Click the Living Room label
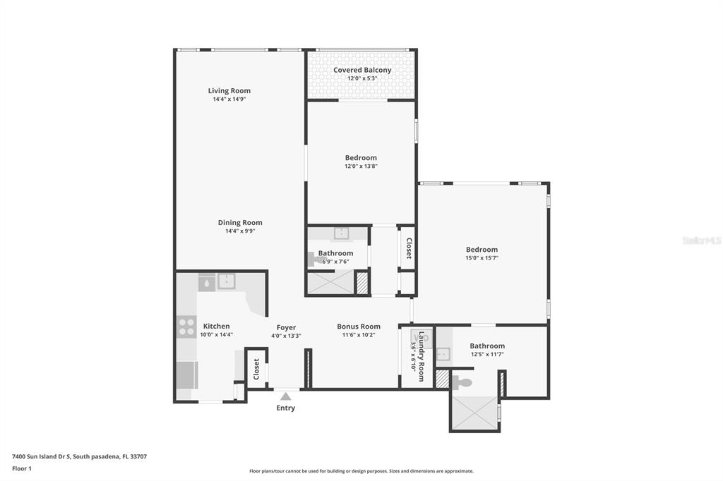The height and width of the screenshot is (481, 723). coord(229,91)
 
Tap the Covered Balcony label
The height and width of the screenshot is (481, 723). coord(362,70)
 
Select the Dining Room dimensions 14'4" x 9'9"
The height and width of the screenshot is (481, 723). coord(240,231)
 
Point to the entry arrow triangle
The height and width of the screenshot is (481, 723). coord(286,396)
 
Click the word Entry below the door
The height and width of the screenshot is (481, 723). coord(286,408)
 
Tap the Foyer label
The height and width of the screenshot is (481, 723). coord(287,327)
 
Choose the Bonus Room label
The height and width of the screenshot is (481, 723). coord(359,327)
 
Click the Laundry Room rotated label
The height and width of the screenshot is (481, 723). coord(421,356)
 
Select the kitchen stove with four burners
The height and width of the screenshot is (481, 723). coord(186,327)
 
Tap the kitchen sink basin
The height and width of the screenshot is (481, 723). coord(227,281)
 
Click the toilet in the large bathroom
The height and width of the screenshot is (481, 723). coord(462,382)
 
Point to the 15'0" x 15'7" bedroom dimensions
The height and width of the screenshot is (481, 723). coord(482,258)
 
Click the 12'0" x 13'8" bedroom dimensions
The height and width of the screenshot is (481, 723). coord(361,166)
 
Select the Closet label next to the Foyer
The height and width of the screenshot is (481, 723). coord(256,369)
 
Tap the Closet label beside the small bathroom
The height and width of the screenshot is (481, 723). coord(409,248)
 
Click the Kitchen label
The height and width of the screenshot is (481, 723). coord(216,327)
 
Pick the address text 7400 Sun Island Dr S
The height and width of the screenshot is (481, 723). coord(41,456)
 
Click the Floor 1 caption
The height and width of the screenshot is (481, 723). coord(22,468)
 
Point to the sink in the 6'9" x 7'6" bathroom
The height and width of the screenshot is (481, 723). coord(341,233)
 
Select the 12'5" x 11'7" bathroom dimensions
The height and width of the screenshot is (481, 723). coord(487,354)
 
